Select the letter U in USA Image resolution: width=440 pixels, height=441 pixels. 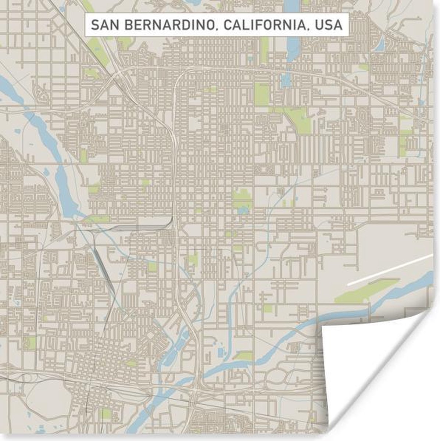click(x=319, y=25)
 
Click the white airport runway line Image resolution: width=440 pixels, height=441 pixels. click(x=390, y=269)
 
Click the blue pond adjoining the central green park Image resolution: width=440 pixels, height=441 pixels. click(x=243, y=211)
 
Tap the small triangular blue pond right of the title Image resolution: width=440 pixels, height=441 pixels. click(x=380, y=45)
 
